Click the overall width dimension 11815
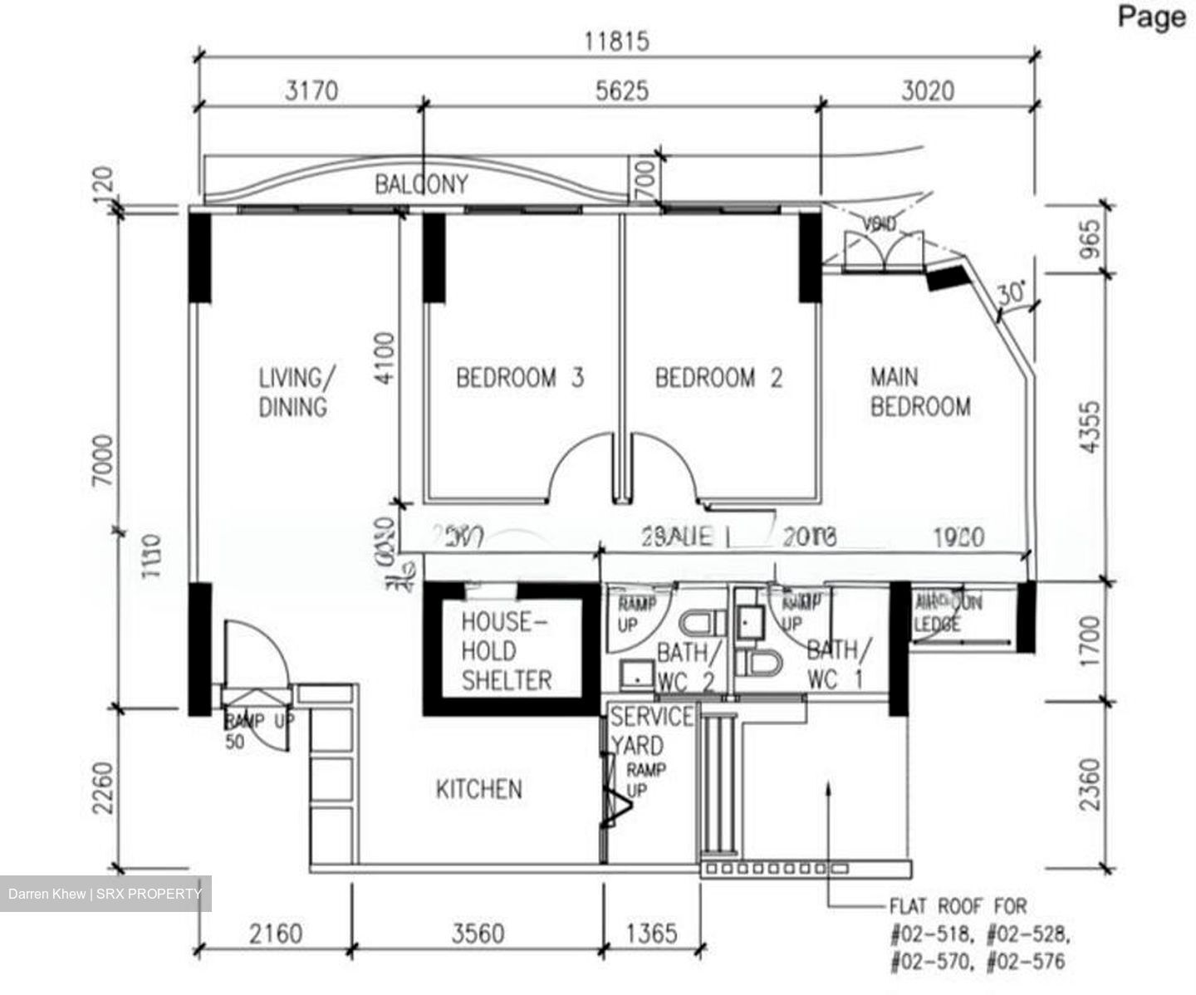(616, 41)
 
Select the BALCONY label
(421, 184)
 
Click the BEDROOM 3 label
(520, 378)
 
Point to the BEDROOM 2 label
(718, 378)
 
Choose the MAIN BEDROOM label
(919, 392)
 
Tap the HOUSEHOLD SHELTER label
(506, 651)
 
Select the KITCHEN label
(479, 789)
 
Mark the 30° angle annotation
(1011, 293)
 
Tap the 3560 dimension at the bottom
(478, 934)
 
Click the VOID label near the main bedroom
(879, 224)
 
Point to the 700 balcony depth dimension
(647, 178)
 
